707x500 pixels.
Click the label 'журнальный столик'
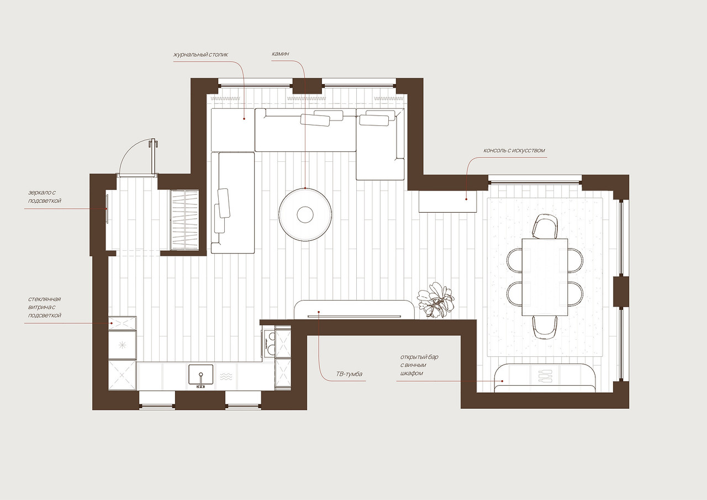point(201,55)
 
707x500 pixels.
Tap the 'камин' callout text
point(280,54)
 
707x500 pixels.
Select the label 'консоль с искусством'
point(514,150)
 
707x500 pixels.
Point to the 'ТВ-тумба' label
point(349,374)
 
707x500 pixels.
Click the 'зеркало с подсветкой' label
point(45,196)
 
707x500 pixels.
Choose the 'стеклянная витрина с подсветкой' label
point(45,307)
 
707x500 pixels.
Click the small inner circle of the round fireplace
point(305,215)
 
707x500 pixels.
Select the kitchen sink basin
point(201,375)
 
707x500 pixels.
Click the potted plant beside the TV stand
point(436,299)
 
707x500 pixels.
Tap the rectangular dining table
point(545,277)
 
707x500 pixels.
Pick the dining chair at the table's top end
point(545,226)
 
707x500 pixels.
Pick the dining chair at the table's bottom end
point(545,327)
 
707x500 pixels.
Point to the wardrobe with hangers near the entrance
point(184,220)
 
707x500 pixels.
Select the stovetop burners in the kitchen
point(268,343)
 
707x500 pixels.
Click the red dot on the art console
point(466,199)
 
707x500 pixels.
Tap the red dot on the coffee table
point(244,119)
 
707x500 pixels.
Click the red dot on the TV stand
point(319,312)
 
